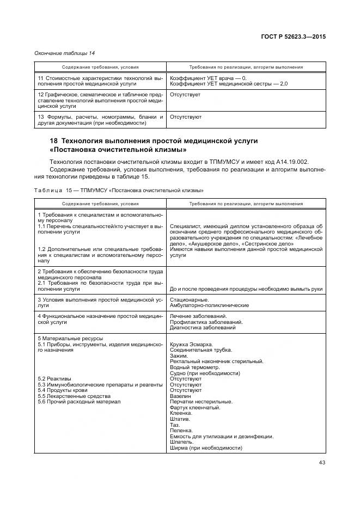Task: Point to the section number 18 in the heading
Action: [54, 141]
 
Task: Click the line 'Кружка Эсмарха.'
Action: [191, 345]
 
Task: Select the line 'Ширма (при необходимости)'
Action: [205, 448]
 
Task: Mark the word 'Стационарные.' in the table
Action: [188, 299]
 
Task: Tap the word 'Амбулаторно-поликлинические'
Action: [209, 305]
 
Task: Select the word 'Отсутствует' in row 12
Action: [185, 95]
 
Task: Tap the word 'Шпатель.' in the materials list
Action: [182, 442]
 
